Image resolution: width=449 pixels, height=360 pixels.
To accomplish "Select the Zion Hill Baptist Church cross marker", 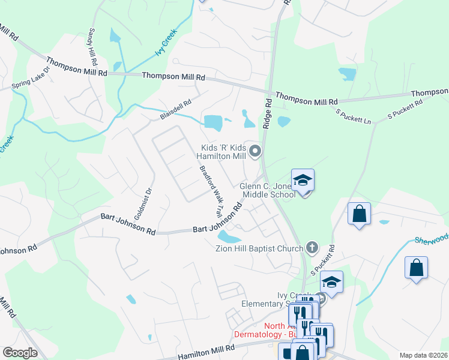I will pyautogui.click(x=312, y=247).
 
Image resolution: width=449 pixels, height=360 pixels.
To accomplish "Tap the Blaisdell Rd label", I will pyautogui.click(x=175, y=110).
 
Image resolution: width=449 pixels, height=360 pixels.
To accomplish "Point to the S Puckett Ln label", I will pyautogui.click(x=354, y=117).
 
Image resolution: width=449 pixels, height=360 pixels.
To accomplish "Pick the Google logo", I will pyautogui.click(x=20, y=353).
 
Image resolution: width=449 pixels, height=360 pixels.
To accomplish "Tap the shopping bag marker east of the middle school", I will pyautogui.click(x=359, y=214).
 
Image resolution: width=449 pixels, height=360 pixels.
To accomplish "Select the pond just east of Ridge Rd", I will pyautogui.click(x=283, y=122).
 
